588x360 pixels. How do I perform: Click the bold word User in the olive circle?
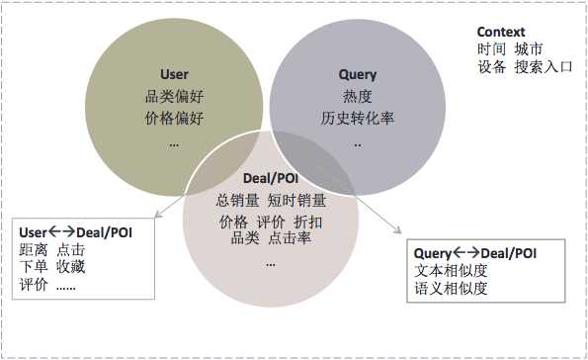tap(174, 74)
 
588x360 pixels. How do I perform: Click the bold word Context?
tap(501, 32)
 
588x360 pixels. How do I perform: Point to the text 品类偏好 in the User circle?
tap(174, 96)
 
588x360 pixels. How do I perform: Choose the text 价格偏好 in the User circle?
tap(174, 119)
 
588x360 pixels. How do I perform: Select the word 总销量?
tap(236, 201)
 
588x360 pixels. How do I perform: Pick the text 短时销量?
tap(296, 201)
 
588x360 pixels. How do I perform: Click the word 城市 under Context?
tap(528, 49)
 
